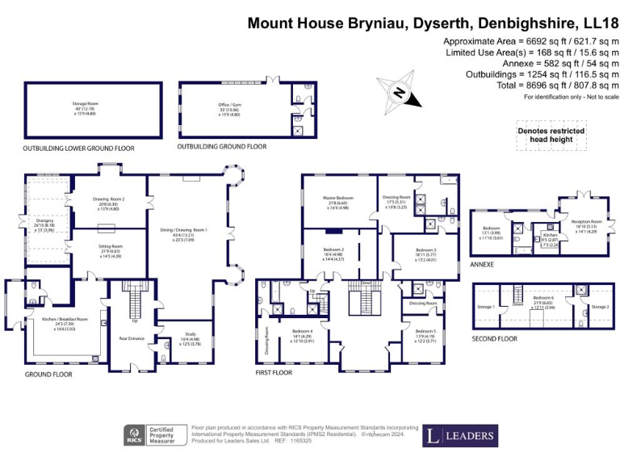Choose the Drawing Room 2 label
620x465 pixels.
pyautogui.click(x=112, y=202)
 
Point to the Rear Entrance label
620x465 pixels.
pyautogui.click(x=132, y=338)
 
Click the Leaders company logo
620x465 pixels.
pyautogui.click(x=459, y=436)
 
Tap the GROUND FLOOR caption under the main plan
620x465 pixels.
pyautogui.click(x=48, y=375)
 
